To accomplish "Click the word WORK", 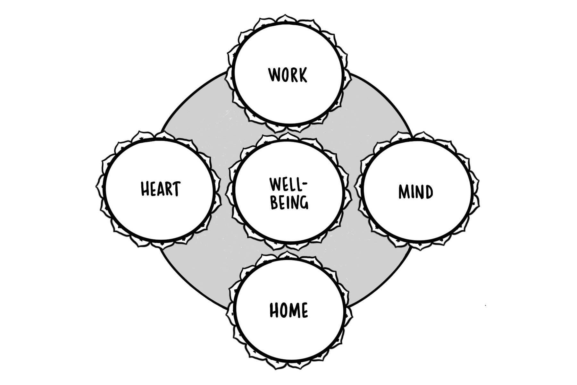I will tap(288, 74).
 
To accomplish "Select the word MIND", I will tap(415, 192).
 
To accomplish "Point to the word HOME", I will tap(288, 310).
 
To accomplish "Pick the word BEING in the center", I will tap(289, 202).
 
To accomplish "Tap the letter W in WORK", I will tap(274, 74).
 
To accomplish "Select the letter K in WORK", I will tap(302, 75).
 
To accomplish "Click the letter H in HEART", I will tap(145, 189).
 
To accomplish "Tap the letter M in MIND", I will tap(404, 192).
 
